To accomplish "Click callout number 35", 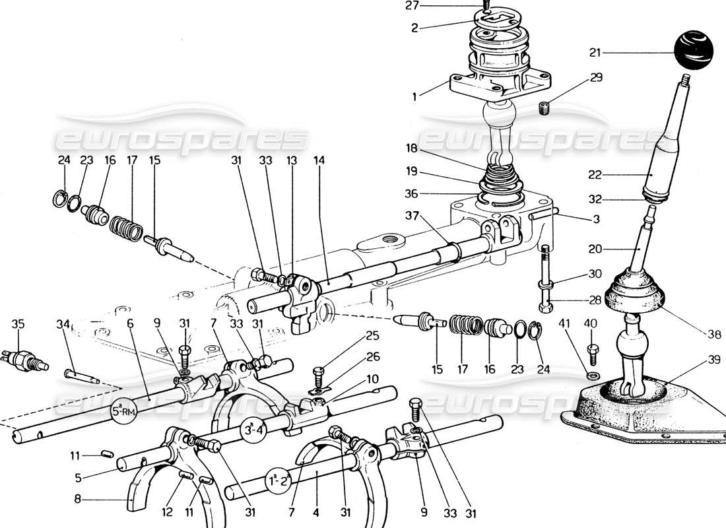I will tap(18, 323).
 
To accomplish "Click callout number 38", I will tap(711, 335).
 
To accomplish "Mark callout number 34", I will tap(63, 323).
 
